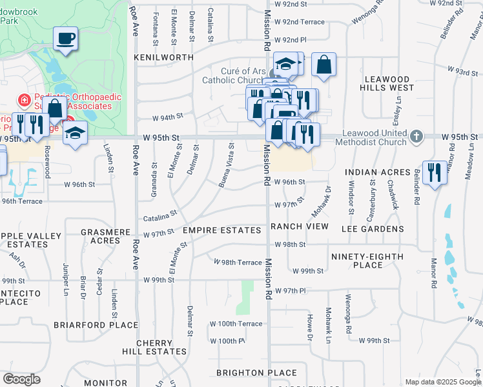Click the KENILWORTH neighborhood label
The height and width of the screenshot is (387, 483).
163,57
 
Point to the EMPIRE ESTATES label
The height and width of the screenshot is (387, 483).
224,229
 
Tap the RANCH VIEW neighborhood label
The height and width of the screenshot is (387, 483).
300,226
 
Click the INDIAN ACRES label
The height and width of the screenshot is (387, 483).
377,172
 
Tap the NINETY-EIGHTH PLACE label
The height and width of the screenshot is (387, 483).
367,261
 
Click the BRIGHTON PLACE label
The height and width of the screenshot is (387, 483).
256,373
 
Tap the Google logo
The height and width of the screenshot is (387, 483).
22,379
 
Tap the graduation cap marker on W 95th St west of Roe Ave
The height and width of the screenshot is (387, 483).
75,134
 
